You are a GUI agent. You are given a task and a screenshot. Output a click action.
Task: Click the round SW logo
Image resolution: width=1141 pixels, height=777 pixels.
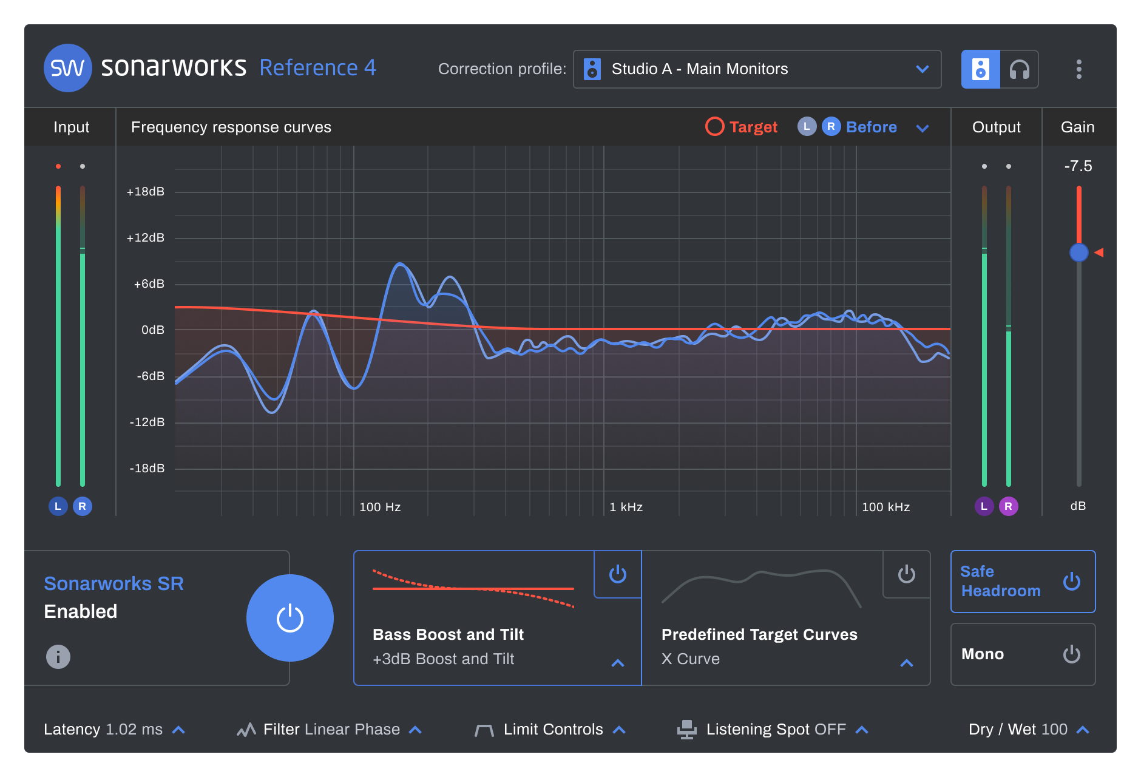[67, 68]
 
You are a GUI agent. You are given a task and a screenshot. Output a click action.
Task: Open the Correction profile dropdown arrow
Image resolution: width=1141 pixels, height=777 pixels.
[922, 69]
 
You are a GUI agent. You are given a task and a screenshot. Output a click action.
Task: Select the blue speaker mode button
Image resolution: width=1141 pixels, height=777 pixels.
[980, 69]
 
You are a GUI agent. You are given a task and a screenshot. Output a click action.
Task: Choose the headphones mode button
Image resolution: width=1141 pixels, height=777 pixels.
[1019, 69]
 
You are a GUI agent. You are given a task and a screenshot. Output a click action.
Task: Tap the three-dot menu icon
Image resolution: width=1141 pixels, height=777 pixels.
[1078, 69]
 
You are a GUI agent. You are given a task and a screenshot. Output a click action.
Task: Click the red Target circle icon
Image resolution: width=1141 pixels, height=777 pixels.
[714, 126]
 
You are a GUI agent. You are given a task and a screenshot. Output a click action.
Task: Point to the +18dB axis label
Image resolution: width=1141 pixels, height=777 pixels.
[146, 192]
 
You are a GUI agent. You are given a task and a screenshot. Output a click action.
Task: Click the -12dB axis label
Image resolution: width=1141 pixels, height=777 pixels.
[147, 422]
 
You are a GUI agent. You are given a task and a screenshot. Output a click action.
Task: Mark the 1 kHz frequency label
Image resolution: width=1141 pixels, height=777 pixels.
[626, 507]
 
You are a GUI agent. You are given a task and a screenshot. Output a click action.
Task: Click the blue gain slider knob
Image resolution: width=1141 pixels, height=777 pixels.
[1078, 253]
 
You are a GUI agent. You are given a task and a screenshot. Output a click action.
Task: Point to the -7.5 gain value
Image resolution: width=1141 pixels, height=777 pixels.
[1078, 166]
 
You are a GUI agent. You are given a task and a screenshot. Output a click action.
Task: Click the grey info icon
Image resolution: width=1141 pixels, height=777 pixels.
[58, 656]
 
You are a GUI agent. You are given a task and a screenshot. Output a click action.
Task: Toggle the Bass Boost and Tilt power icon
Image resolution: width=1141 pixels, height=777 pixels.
[617, 574]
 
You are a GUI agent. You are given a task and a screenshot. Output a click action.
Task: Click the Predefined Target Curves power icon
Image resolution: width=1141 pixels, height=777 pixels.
[906, 574]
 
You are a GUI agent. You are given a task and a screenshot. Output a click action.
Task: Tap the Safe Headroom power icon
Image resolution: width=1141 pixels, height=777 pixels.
[1071, 582]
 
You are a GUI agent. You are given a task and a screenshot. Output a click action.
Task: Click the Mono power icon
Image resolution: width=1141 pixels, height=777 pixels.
[1071, 654]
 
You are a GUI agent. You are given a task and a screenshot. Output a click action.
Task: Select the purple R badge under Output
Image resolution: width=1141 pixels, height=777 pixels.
[1008, 506]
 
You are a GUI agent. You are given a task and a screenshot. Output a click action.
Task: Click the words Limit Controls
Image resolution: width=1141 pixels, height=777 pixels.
[553, 729]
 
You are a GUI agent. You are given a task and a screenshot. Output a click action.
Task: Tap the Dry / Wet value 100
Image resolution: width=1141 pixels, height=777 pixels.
[1054, 729]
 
